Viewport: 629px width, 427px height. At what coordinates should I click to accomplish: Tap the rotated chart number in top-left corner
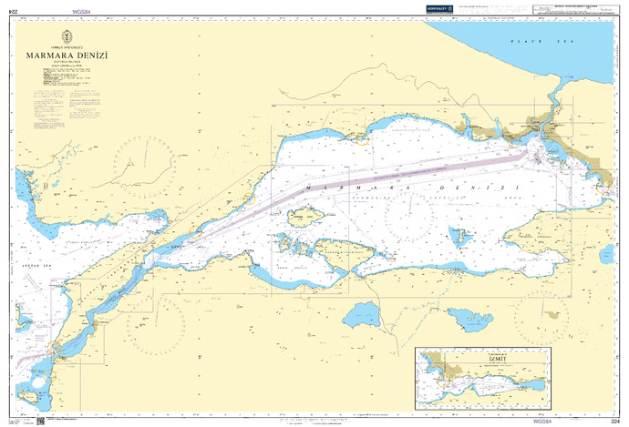click(x=11, y=9)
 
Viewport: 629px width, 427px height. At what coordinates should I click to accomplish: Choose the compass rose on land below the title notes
click(x=144, y=163)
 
